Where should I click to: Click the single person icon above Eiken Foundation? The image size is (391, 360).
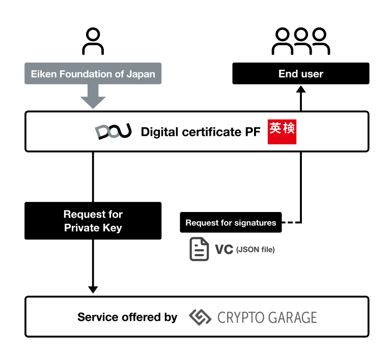tap(93, 42)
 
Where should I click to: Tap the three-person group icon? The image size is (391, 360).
tap(301, 41)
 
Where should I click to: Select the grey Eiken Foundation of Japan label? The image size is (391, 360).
tap(93, 74)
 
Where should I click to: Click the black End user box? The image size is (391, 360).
tap(301, 74)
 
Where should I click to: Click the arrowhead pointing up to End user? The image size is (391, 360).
tap(301, 89)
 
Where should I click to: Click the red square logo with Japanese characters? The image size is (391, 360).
tap(282, 132)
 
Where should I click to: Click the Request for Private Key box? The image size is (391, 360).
tap(93, 221)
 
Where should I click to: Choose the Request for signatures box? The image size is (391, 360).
tap(231, 223)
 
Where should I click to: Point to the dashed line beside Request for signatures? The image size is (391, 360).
tap(291, 223)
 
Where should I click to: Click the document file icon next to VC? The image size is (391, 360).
tap(199, 249)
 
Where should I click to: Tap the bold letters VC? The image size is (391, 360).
tap(224, 249)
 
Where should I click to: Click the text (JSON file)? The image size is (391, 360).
tap(256, 250)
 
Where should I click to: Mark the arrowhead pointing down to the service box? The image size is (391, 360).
tap(93, 289)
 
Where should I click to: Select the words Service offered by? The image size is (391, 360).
tap(127, 317)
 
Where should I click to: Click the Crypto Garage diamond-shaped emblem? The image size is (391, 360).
tap(200, 317)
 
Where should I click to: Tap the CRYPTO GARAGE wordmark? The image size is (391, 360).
tap(267, 317)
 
